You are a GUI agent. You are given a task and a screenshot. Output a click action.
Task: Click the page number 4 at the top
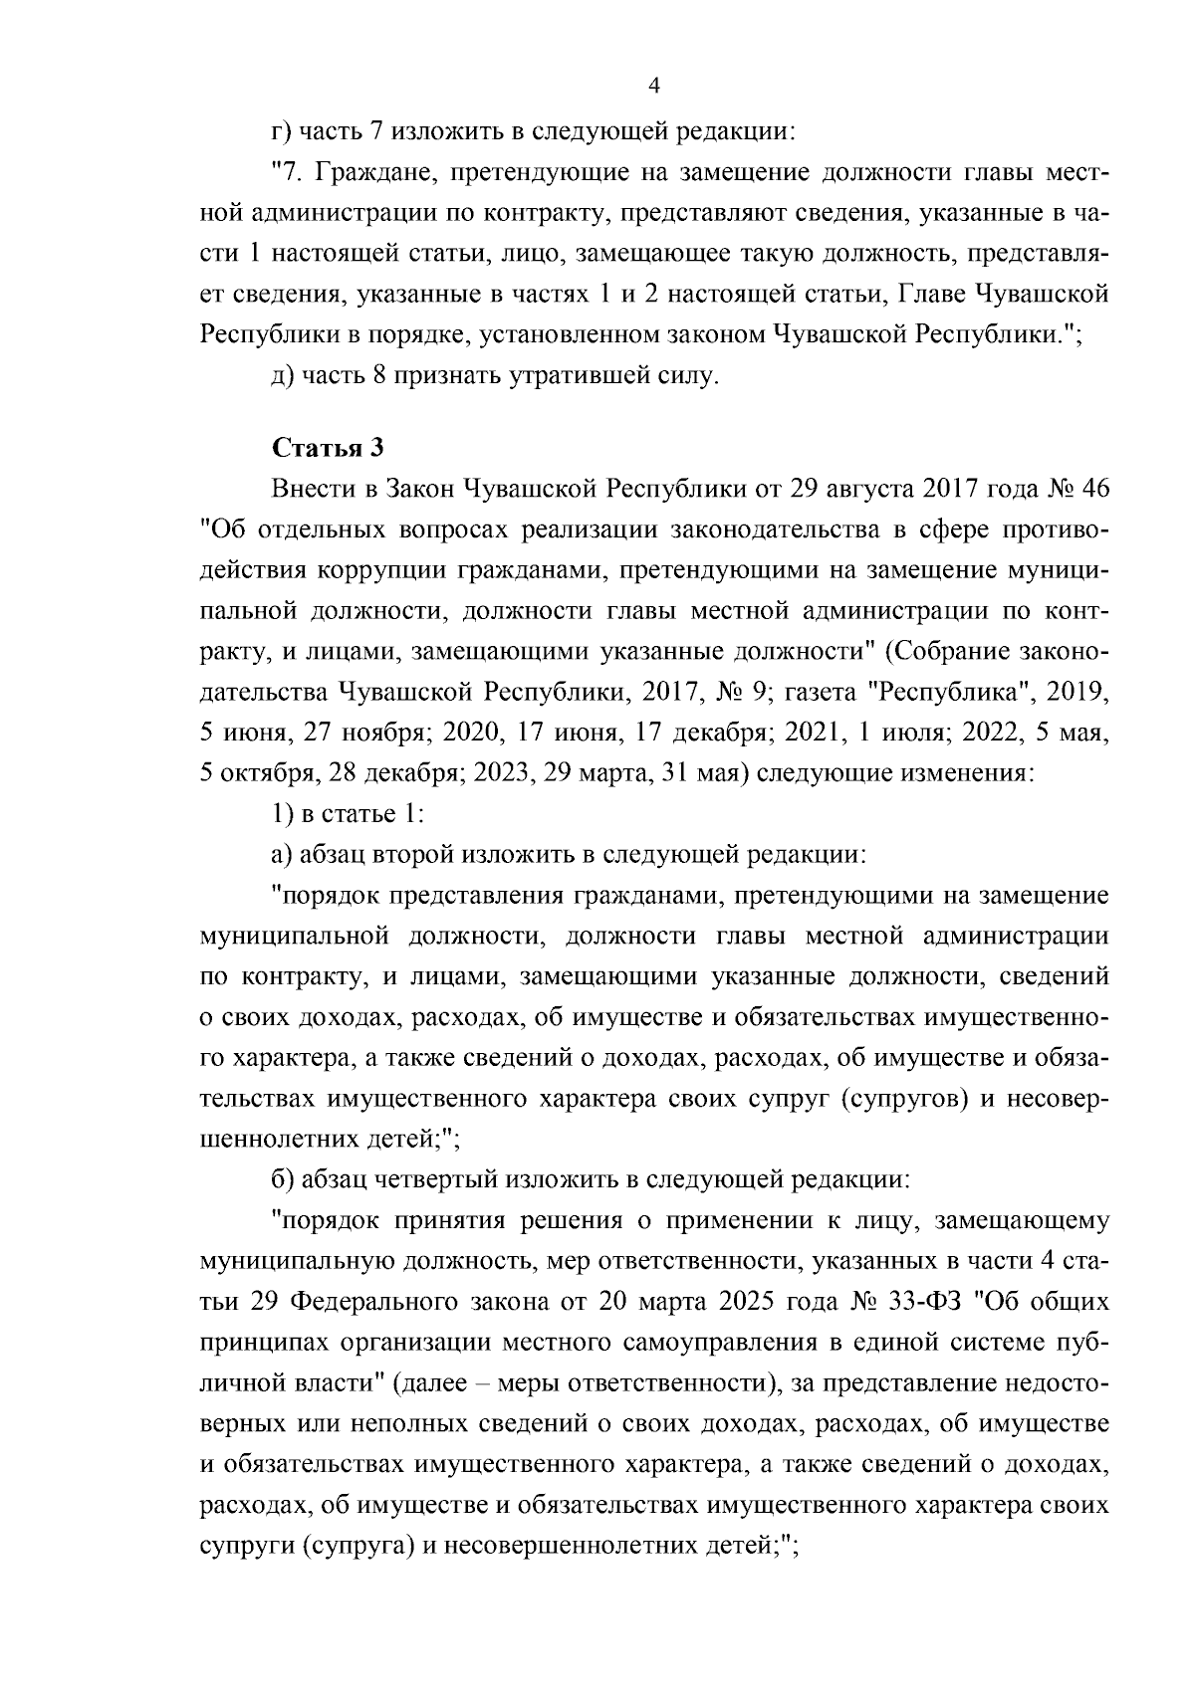[x=653, y=86]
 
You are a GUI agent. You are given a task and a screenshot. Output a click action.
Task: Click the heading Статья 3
[x=328, y=447]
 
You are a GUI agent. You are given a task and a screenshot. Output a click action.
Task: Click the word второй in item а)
[x=410, y=854]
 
